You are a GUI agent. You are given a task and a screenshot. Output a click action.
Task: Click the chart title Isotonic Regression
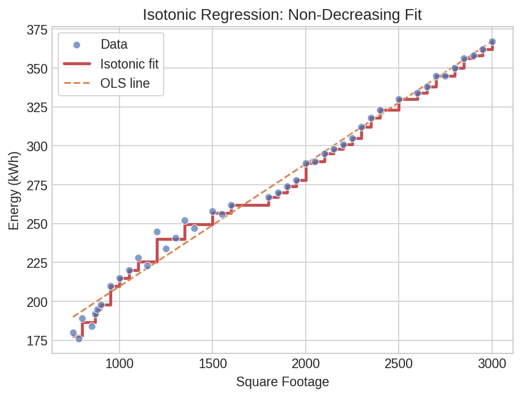282,14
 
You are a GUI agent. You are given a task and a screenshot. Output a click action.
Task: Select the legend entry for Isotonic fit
129,64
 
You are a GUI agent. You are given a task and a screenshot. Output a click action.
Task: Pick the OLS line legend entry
125,83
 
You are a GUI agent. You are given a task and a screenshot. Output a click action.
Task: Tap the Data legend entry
114,44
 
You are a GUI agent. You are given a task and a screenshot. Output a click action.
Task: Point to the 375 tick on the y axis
37,30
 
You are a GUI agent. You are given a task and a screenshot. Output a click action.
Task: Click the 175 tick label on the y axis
37,340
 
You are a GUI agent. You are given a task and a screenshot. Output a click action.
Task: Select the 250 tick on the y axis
37,224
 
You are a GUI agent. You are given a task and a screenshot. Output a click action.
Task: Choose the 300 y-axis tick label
37,146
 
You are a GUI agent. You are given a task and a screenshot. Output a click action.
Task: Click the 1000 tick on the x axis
119,364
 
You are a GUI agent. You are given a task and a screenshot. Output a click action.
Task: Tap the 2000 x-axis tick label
306,364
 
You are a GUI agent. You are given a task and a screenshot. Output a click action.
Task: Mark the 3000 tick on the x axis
492,364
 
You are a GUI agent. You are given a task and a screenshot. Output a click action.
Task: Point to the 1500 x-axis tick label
212,364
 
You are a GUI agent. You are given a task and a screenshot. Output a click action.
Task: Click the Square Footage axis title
282,382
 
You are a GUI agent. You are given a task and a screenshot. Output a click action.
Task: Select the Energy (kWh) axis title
14,190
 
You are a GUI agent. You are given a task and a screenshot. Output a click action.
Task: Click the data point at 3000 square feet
492,42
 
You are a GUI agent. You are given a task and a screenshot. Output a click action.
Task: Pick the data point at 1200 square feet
157,232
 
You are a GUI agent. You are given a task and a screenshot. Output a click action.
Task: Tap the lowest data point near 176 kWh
79,339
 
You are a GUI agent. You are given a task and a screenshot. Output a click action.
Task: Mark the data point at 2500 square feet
399,100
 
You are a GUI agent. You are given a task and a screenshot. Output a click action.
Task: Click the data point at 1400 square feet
194,228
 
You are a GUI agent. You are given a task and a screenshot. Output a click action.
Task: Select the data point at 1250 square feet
166,249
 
